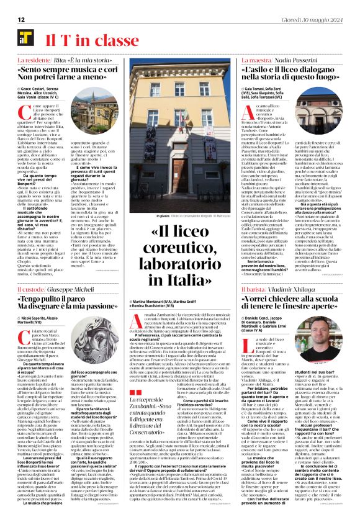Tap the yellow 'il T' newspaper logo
tap(25, 40)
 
